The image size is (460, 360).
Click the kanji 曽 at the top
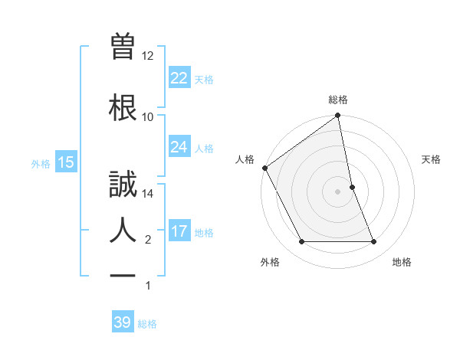(x=123, y=47)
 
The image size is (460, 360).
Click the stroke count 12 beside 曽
(x=148, y=56)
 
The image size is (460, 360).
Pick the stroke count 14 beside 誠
(x=148, y=194)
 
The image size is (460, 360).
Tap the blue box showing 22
(x=179, y=78)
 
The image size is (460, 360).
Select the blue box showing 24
(x=179, y=147)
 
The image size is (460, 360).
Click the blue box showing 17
(x=179, y=231)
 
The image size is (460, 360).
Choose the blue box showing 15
(x=65, y=162)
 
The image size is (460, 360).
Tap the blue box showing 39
(x=122, y=322)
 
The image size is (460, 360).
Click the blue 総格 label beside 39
(x=147, y=324)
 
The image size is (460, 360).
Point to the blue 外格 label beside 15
(x=41, y=163)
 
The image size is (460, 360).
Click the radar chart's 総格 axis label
(x=338, y=100)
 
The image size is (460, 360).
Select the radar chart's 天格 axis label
(x=432, y=159)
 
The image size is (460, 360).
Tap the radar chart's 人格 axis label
(x=245, y=159)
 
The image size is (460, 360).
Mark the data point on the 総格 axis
(x=338, y=116)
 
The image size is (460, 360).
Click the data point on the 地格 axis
(x=373, y=242)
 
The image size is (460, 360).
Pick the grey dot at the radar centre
(x=338, y=191)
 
